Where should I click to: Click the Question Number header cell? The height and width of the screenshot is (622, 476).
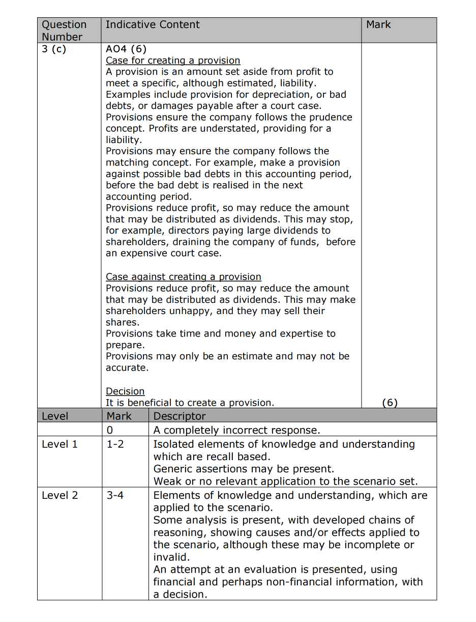click(64, 31)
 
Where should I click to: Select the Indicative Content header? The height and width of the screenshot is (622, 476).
click(153, 24)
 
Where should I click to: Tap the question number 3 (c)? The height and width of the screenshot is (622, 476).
click(54, 49)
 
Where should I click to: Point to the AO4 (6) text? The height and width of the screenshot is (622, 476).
click(126, 49)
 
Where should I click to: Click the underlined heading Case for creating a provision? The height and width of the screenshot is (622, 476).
click(173, 61)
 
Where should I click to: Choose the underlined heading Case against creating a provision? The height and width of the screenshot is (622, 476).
click(183, 277)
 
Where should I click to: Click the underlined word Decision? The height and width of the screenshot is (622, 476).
click(125, 391)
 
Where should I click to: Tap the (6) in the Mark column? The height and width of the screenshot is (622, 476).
click(390, 403)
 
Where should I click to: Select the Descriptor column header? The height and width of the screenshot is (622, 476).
click(180, 416)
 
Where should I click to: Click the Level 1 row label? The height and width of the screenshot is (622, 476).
click(59, 444)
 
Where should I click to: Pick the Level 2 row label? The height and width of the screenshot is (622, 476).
click(59, 495)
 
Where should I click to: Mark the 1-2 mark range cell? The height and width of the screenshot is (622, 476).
click(115, 444)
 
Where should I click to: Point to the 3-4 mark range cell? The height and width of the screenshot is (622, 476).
click(115, 495)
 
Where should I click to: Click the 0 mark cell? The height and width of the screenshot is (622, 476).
click(110, 430)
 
